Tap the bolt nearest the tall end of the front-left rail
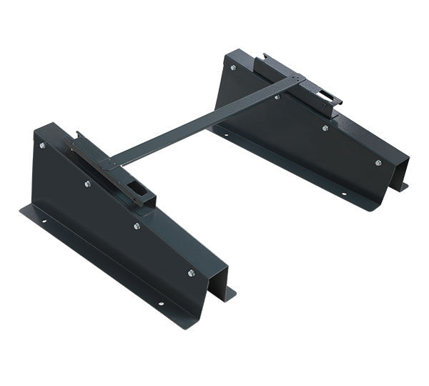pyautogui.click(x=42, y=145)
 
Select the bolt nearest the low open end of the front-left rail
pyautogui.click(x=191, y=272)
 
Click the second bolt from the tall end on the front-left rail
pyautogui.click(x=87, y=184)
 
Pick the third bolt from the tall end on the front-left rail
pyautogui.click(x=137, y=226)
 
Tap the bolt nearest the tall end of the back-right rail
pyautogui.click(x=232, y=66)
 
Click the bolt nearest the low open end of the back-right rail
pyautogui.click(x=378, y=162)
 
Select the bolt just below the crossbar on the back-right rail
pyautogui.click(x=277, y=96)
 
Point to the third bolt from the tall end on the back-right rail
pyautogui.click(x=325, y=128)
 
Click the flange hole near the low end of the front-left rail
pyautogui.click(x=160, y=303)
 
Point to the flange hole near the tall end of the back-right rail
pyautogui.click(x=227, y=133)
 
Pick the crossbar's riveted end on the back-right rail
pyautogui.click(x=293, y=81)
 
